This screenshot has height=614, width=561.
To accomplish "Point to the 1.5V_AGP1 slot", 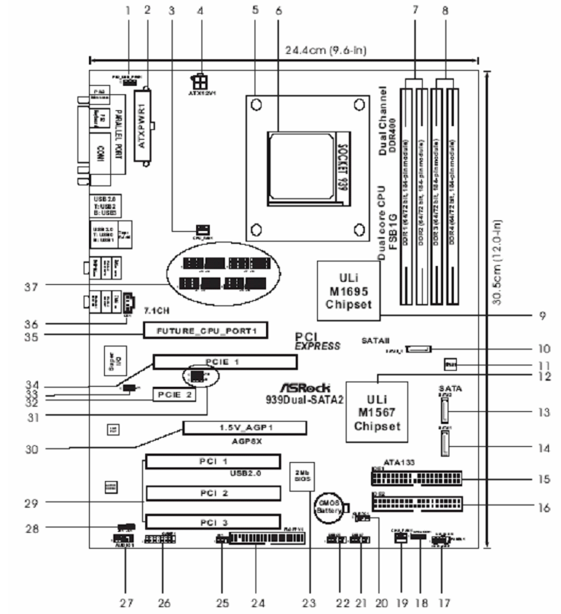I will coord(243,428).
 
